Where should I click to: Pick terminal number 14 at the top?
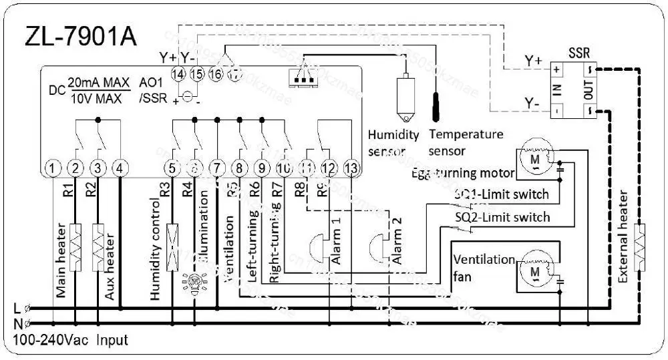click(x=178, y=74)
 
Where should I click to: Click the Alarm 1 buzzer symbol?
click(x=317, y=247)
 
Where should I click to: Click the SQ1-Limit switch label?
click(x=502, y=195)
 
